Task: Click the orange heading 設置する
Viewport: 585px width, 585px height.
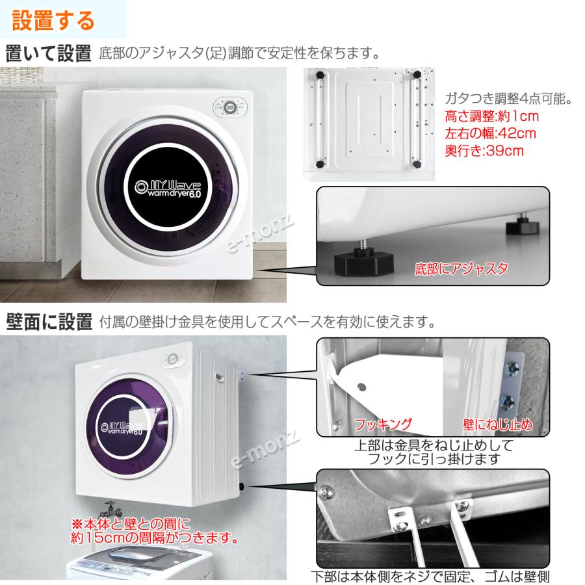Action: (53, 20)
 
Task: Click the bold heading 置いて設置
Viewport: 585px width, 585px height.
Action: (48, 53)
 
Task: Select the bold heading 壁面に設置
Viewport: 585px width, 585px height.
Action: (49, 322)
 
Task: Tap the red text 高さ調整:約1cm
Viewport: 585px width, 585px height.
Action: (492, 116)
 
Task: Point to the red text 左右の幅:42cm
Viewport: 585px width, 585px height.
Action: (490, 133)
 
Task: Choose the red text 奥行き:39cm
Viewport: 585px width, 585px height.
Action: (484, 150)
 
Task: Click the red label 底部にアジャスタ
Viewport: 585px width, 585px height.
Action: (461, 268)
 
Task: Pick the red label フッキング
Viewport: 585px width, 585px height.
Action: (382, 424)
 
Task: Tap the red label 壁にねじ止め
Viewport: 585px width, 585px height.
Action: (498, 424)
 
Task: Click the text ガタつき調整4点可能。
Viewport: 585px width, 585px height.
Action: (508, 99)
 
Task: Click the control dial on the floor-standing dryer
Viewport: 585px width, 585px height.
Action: (230, 108)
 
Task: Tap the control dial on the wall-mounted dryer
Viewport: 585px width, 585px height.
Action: (172, 359)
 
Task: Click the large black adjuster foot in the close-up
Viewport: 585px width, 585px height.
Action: (364, 261)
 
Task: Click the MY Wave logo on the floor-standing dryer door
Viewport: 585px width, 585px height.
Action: (168, 189)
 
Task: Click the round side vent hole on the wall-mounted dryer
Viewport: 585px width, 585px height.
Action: (220, 377)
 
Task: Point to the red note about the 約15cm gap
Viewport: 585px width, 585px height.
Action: (155, 531)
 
